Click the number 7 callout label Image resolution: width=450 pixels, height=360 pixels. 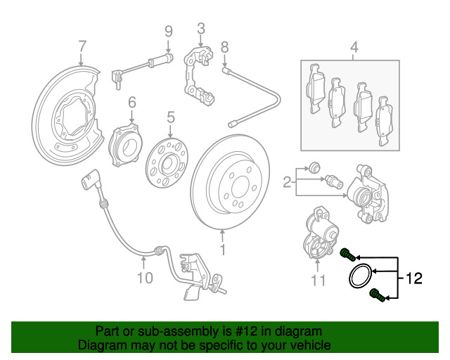[x=82, y=46]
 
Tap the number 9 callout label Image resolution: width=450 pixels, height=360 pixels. [x=169, y=32]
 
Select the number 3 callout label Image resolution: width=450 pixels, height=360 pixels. [x=201, y=29]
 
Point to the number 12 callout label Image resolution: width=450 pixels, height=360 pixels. [x=414, y=278]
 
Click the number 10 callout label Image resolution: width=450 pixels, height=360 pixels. [x=145, y=278]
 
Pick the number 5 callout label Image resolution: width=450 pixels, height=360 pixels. [x=170, y=117]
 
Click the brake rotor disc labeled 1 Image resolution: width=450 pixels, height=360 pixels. [x=230, y=182]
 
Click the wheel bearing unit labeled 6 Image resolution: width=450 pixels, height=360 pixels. [x=126, y=145]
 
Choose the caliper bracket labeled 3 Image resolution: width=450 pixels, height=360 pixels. [x=198, y=75]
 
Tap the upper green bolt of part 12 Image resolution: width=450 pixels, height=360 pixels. [x=347, y=255]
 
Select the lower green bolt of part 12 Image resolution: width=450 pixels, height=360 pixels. [x=377, y=296]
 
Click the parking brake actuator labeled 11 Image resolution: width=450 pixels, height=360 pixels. [x=319, y=233]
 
